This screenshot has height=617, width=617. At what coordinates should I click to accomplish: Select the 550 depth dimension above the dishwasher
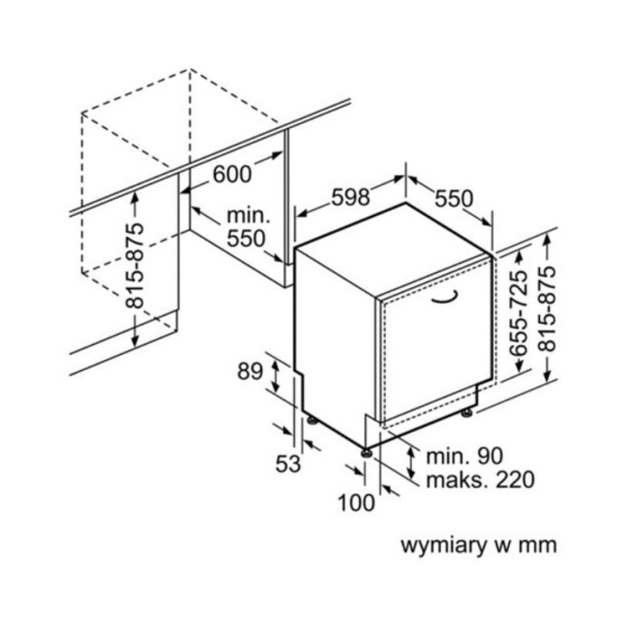(454, 198)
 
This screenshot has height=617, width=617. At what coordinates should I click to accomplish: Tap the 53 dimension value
(288, 464)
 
